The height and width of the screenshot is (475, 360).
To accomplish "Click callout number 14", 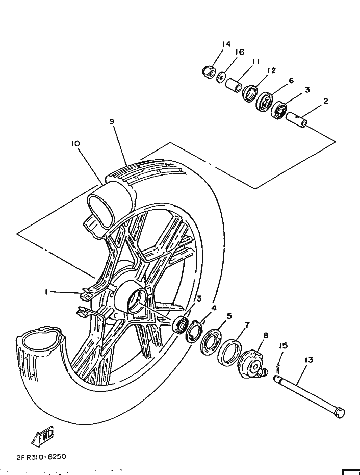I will click(226, 45).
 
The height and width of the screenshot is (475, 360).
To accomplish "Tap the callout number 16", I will click(240, 52).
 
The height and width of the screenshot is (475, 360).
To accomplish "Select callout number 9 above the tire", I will click(111, 121).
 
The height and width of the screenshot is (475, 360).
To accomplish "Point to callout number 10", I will click(75, 144).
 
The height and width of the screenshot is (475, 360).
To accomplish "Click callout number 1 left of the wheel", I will click(46, 292).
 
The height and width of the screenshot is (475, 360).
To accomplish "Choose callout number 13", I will click(308, 360).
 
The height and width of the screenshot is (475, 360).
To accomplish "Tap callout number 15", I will click(284, 345).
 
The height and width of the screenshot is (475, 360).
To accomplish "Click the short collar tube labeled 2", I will click(299, 120).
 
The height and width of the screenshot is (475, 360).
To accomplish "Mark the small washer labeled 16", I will click(222, 77).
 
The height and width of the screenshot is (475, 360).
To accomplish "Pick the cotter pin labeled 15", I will click(278, 367).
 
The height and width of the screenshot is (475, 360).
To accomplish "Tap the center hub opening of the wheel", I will click(136, 301).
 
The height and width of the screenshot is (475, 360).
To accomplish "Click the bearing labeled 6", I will click(264, 100).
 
